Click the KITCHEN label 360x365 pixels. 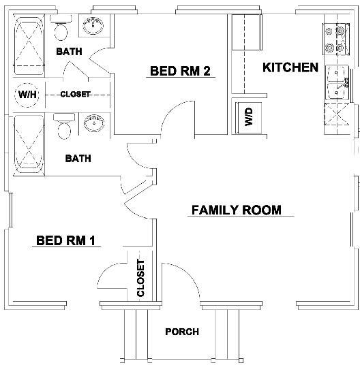(290, 67)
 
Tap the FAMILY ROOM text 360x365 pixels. (236, 210)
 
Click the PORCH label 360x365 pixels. (182, 332)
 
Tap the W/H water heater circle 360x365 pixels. (28, 95)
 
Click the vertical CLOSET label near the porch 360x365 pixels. (141, 279)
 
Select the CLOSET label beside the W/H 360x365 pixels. (75, 95)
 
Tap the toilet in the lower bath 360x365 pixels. (63, 128)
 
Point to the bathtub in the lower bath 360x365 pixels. (28, 143)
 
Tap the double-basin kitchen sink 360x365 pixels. (337, 82)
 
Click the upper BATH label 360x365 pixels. (69, 52)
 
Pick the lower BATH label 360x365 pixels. (78, 159)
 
